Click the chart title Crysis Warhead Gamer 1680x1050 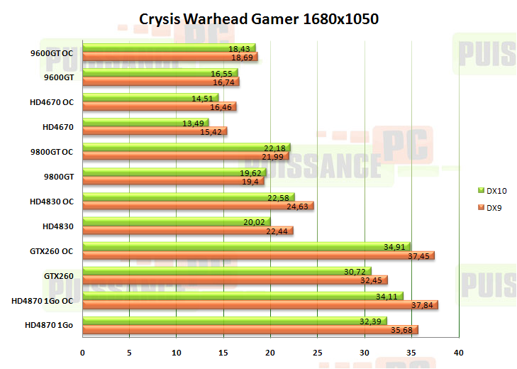258,19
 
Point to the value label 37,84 425,305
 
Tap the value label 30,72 357,272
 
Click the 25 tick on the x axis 318,352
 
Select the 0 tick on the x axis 83,352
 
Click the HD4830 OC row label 52,202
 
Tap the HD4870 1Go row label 49,326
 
